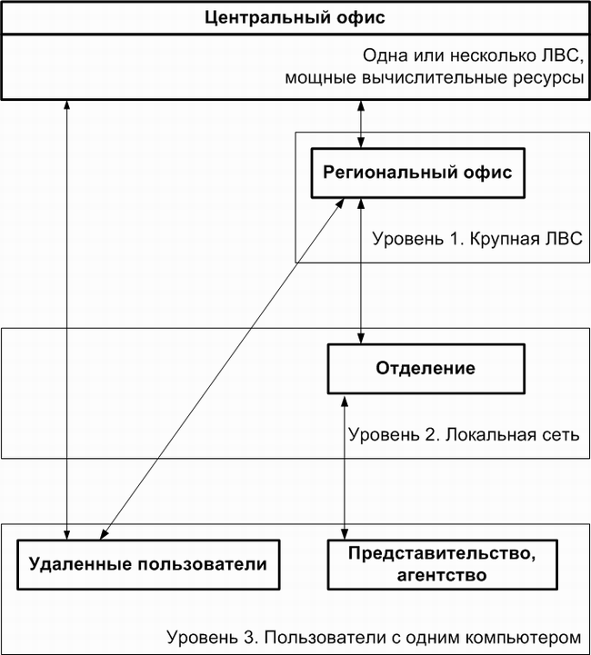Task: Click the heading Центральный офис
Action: pos(295,17)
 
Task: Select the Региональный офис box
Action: pos(418,173)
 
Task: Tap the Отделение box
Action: pos(426,369)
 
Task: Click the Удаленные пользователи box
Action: pos(148,565)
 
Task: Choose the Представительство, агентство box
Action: pos(443,565)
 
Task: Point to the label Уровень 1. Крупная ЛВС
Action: pos(477,239)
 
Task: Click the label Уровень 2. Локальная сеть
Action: pos(464,435)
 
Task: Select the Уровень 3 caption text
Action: pos(374,638)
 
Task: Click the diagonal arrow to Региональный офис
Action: pos(222,369)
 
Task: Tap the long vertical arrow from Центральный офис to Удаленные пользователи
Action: pos(67,320)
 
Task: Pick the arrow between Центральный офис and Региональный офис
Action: pos(361,124)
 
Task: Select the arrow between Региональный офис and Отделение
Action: pos(361,271)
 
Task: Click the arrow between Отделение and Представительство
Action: pos(345,467)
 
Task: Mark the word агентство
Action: pos(442,576)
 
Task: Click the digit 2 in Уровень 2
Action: pos(430,435)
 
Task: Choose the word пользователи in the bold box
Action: pos(202,565)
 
